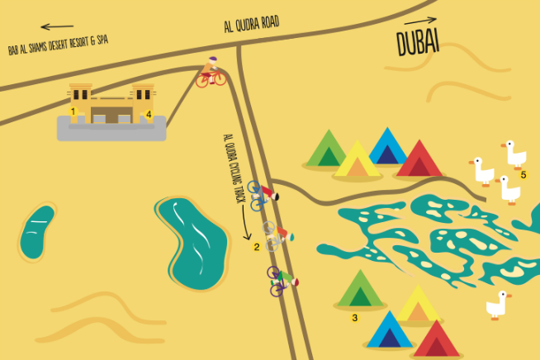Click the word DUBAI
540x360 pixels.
pyautogui.click(x=417, y=42)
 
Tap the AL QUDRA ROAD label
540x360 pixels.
pyautogui.click(x=252, y=25)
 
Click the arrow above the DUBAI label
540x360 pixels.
pyautogui.click(x=421, y=20)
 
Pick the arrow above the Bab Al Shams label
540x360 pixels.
pyautogui.click(x=57, y=27)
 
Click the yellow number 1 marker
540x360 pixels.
pyautogui.click(x=73, y=111)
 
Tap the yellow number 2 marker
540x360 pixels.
pyautogui.click(x=257, y=246)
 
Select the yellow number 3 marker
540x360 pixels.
pyautogui.click(x=355, y=317)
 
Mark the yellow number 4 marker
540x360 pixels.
pyautogui.click(x=149, y=114)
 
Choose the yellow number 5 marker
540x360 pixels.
pyautogui.click(x=523, y=174)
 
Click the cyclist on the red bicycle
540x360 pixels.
pyautogui.click(x=211, y=73)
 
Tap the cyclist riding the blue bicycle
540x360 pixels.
pyautogui.click(x=263, y=194)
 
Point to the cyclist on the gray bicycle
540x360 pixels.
pyautogui.click(x=276, y=234)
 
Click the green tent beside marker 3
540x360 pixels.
pyautogui.click(x=359, y=290)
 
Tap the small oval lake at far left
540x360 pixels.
pyautogui.click(x=36, y=231)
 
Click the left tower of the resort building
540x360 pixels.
pyautogui.click(x=80, y=102)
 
